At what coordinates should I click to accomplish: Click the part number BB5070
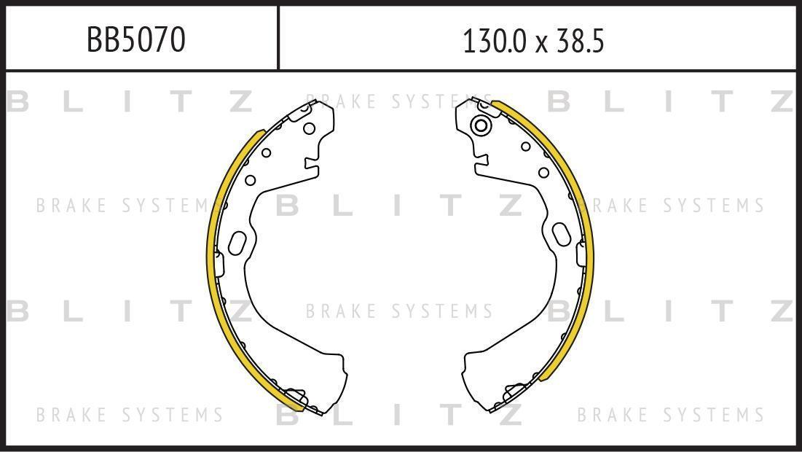(x=135, y=39)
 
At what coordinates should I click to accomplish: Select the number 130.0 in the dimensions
(x=494, y=42)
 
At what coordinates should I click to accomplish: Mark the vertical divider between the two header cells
(x=278, y=37)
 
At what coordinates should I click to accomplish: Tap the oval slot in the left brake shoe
(x=237, y=243)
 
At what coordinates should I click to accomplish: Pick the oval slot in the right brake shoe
(x=561, y=235)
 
